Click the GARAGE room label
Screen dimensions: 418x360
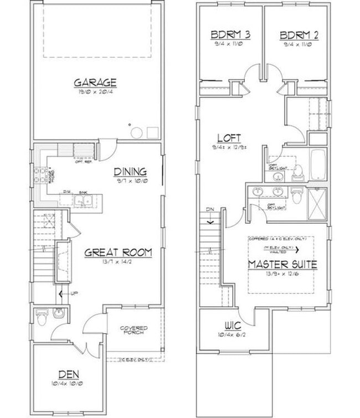pyautogui.click(x=96, y=82)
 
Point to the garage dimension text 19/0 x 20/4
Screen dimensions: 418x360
pyautogui.click(x=96, y=92)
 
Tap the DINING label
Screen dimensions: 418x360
pyautogui.click(x=130, y=172)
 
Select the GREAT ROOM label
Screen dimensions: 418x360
pyautogui.click(x=118, y=252)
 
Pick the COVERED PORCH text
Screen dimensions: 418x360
pyautogui.click(x=133, y=332)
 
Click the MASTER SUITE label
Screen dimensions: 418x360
pyautogui.click(x=282, y=264)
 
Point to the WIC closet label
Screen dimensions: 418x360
pyautogui.click(x=232, y=326)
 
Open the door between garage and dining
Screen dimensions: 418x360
pyautogui.click(x=106, y=148)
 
